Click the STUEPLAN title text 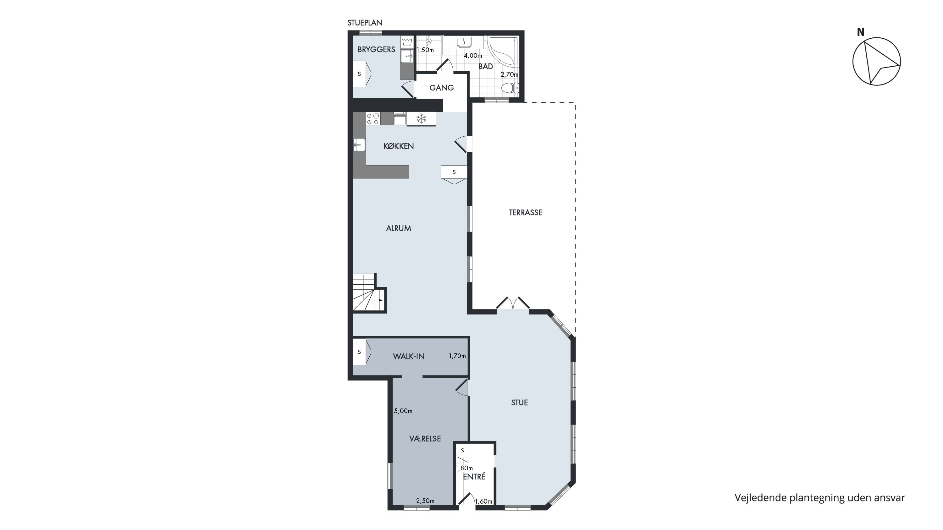(365, 23)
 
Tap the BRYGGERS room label (376, 49)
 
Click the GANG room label (442, 88)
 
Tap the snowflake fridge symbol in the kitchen (421, 118)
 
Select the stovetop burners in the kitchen (373, 118)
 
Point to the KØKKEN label (398, 146)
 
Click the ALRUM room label (398, 228)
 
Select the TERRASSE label (525, 212)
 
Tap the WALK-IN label (409, 356)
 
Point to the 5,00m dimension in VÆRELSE (403, 411)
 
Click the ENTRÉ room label (474, 477)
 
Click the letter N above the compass (860, 32)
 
